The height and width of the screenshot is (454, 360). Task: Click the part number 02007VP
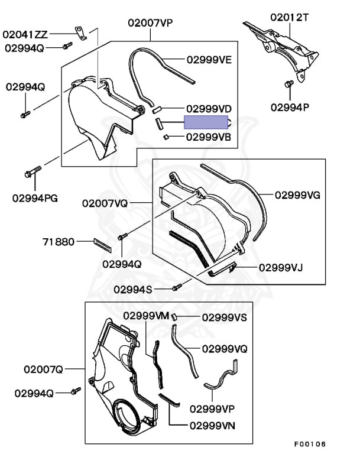click(x=150, y=23)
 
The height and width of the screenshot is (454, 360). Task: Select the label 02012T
click(x=290, y=18)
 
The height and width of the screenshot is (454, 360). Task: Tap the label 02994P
click(x=291, y=107)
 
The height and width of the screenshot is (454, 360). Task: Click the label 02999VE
click(x=209, y=60)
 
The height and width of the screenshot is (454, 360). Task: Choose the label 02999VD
click(x=209, y=109)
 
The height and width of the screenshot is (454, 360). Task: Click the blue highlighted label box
click(x=206, y=122)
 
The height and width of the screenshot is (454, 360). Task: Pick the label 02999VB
click(x=208, y=137)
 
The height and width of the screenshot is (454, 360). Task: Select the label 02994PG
click(x=35, y=198)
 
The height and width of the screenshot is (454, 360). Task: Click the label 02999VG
click(x=297, y=195)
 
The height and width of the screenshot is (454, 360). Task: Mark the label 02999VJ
click(x=280, y=267)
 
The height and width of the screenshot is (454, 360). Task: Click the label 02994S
click(x=132, y=289)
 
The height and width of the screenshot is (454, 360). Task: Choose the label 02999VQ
click(x=225, y=348)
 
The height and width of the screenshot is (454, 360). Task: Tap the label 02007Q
click(x=43, y=369)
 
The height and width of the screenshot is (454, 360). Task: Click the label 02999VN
click(x=212, y=424)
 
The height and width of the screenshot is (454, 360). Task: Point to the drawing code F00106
click(x=310, y=444)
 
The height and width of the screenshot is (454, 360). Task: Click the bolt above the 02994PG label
click(x=32, y=173)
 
